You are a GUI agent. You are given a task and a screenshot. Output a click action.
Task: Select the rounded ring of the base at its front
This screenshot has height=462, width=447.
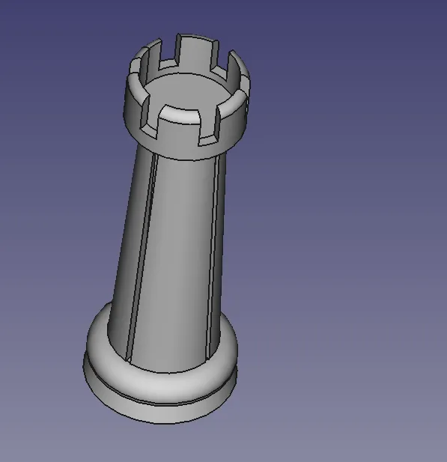click(x=161, y=382)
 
